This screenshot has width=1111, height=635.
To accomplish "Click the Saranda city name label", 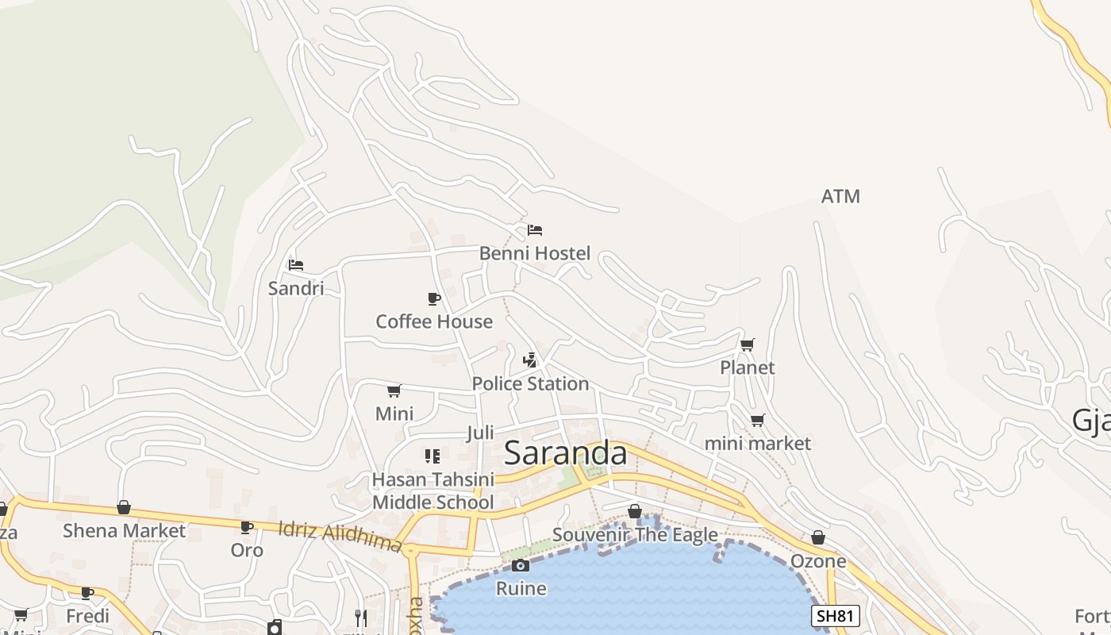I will (x=565, y=453).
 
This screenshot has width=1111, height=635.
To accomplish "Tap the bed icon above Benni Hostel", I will (x=535, y=230).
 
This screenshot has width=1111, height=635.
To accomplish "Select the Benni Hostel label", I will (x=535, y=253).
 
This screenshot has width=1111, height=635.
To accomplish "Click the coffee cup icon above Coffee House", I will (x=434, y=298).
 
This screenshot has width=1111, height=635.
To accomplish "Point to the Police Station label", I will (x=530, y=384).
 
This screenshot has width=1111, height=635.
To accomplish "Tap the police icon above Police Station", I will (x=530, y=360).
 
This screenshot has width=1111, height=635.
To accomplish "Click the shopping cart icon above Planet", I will (x=747, y=344).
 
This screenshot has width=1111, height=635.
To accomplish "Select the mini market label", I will (x=758, y=444).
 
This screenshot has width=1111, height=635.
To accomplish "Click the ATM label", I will (x=840, y=196).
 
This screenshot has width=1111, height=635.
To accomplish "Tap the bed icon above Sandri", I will (x=296, y=264).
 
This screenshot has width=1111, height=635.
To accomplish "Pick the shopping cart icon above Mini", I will (x=394, y=391).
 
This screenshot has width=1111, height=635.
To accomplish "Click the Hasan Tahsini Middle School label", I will (x=433, y=491).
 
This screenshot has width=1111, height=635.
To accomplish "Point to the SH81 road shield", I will (x=836, y=615).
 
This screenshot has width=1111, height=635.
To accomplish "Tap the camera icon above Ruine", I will (x=521, y=565).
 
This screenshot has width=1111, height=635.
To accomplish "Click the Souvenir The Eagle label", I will (x=635, y=535).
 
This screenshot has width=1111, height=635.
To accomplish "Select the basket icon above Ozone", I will (x=818, y=538).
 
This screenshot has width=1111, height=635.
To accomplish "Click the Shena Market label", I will (x=124, y=531).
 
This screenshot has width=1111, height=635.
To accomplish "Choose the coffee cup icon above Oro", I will (x=247, y=526).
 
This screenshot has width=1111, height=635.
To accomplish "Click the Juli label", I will (x=480, y=433).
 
